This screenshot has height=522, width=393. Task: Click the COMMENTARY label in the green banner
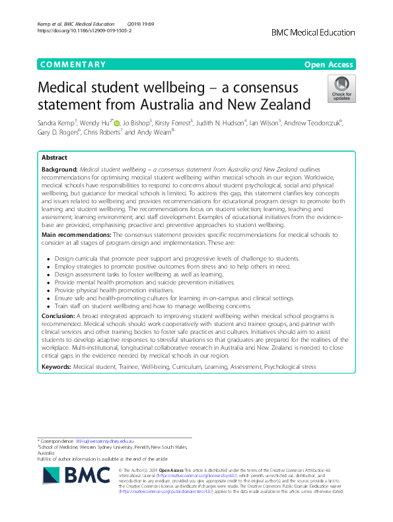73,65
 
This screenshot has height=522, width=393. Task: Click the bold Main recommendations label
76,234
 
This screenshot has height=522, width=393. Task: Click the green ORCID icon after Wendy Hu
116,123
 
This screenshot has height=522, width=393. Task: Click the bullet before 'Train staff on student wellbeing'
49,306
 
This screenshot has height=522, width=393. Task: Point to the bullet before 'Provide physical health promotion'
49,290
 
